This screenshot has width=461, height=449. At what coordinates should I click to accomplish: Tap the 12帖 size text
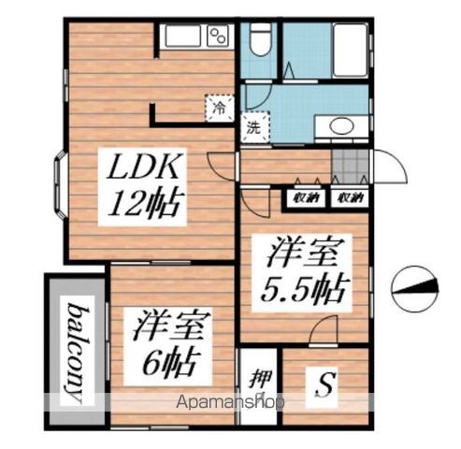(x=147, y=202)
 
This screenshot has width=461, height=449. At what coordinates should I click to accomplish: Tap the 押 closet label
(x=259, y=380)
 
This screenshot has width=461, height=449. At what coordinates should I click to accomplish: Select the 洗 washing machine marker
(x=252, y=128)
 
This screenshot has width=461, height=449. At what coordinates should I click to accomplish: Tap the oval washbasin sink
(x=341, y=127)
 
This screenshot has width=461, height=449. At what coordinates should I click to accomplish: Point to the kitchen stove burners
(x=220, y=36)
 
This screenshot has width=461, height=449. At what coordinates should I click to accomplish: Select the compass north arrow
(x=413, y=291)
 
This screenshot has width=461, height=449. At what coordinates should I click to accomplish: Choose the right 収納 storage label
(x=350, y=197)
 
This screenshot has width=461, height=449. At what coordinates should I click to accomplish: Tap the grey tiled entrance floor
(x=352, y=165)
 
